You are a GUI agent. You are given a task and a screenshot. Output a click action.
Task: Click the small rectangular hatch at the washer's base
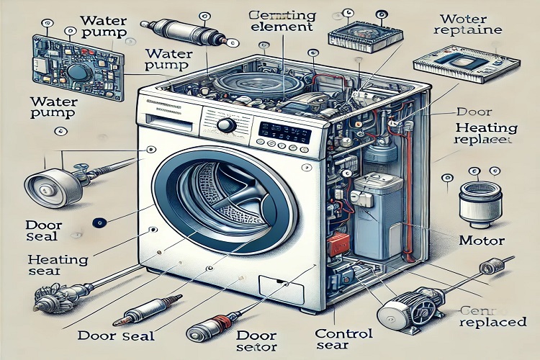274,288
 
